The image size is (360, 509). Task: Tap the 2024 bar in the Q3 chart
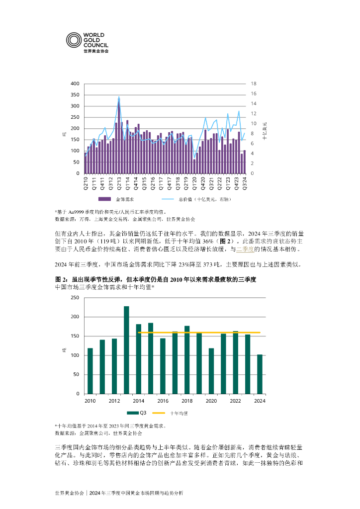click(260, 374)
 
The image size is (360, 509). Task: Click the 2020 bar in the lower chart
click(211, 371)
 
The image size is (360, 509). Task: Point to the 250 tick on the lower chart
click(75, 297)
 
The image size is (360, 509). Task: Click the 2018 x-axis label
click(187, 400)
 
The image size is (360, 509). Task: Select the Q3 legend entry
click(136, 413)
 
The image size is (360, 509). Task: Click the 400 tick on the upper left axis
click(75, 84)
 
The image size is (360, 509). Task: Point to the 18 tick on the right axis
click(253, 84)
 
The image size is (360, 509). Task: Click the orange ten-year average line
click(199, 332)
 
